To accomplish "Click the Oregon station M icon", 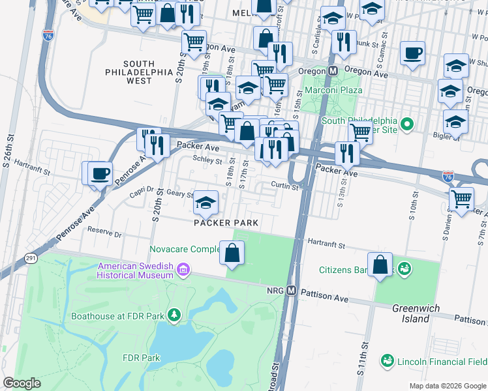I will [333, 70].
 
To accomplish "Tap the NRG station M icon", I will [292, 290].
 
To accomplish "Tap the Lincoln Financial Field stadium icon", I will [387, 360].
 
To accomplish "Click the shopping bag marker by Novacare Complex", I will [232, 253].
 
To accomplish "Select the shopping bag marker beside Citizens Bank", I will [380, 265].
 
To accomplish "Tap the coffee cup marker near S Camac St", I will [412, 53].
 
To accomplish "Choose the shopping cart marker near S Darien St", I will [462, 198].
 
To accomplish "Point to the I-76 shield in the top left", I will [47, 38].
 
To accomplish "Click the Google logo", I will [22, 383].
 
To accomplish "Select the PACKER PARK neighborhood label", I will [226, 223].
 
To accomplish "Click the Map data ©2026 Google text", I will [447, 386].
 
